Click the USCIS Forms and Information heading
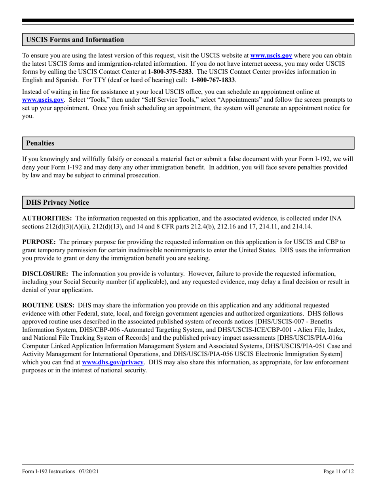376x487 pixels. pos(75,40)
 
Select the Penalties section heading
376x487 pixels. pos(40,143)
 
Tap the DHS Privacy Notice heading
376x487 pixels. pos(57,202)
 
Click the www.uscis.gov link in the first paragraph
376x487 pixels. pos(272,56)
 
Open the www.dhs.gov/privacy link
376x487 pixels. pos(112,362)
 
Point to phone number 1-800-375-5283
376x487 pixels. pos(170,72)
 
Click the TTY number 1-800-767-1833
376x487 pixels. pos(214,80)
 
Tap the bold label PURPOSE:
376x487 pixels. pos(39,242)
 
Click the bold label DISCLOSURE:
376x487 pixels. pos(45,274)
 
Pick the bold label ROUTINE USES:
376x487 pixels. pos(48,305)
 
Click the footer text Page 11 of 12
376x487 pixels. pos(338,471)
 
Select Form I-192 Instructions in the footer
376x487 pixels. pos(48,471)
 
